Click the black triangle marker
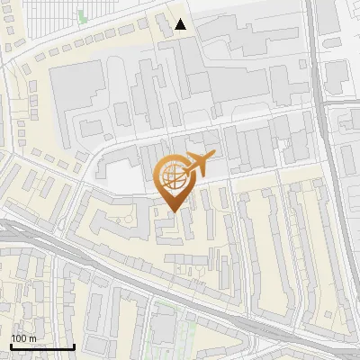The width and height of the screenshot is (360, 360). click(x=182, y=24)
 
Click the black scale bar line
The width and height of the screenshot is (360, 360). click(x=42, y=346)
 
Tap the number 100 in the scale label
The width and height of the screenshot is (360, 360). click(x=19, y=338)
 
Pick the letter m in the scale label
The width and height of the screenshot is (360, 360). click(x=32, y=338)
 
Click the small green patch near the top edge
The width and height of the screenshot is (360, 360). click(x=83, y=15)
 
